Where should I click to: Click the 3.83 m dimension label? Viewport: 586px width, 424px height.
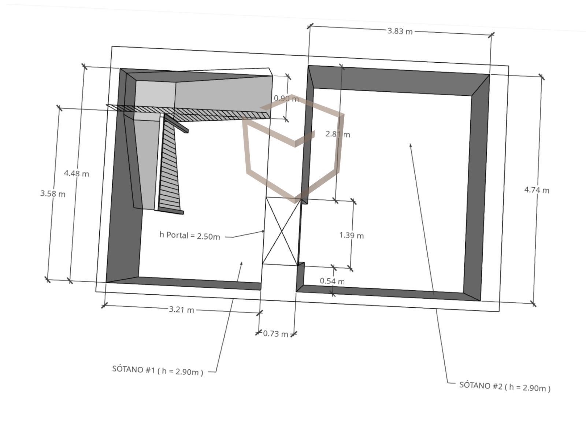(400, 31)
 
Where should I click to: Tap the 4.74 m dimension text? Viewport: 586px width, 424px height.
(537, 190)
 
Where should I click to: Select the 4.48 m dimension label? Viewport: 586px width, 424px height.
(77, 173)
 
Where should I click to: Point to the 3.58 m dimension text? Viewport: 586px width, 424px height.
(53, 194)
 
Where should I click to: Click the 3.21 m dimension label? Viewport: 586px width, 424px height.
(181, 310)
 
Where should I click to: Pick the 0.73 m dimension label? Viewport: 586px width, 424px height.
(275, 334)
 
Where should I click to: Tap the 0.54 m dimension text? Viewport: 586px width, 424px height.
(332, 281)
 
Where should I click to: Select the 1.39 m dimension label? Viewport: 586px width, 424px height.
(351, 235)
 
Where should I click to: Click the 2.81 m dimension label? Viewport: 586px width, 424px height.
(337, 134)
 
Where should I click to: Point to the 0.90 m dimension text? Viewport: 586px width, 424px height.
(286, 99)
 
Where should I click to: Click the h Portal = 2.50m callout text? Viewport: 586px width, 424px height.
(190, 236)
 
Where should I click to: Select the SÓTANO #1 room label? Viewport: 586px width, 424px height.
(158, 370)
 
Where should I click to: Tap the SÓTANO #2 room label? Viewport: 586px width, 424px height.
(505, 387)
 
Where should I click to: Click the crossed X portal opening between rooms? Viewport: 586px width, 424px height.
(282, 231)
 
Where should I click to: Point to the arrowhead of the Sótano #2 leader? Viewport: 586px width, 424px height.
(411, 145)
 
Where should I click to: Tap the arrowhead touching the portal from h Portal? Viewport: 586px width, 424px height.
(263, 231)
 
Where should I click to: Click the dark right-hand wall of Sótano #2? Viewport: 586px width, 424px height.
(476, 188)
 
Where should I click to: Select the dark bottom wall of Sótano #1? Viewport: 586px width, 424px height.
(183, 283)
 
